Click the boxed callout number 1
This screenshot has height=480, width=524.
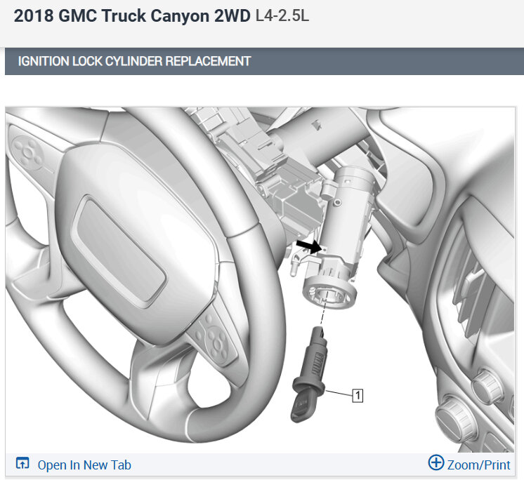(358, 396)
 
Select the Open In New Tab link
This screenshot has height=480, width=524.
(84, 465)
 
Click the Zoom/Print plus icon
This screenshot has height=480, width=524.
(436, 462)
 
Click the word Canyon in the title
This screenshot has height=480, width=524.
(180, 15)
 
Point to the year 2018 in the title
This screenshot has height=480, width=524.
(34, 15)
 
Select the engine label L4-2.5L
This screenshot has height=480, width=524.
(282, 15)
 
